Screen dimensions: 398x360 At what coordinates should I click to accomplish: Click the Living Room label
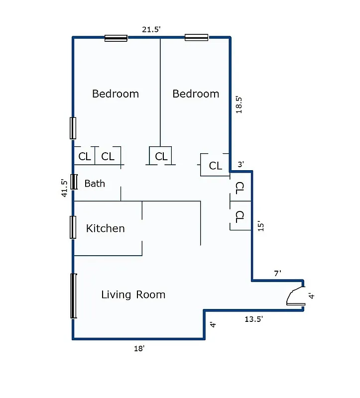pyautogui.click(x=133, y=295)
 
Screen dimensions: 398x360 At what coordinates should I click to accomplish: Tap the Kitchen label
pyautogui.click(x=105, y=228)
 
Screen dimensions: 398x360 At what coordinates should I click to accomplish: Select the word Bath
pyautogui.click(x=95, y=184)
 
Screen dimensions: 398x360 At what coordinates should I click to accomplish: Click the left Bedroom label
pyautogui.click(x=116, y=94)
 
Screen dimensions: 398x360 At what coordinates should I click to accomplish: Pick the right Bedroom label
pyautogui.click(x=196, y=94)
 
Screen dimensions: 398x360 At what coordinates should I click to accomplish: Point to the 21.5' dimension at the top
pyautogui.click(x=151, y=29)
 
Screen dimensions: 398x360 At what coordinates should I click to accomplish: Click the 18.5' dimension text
pyautogui.click(x=240, y=105)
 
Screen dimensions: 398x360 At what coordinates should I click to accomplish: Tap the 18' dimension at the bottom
pyautogui.click(x=138, y=349)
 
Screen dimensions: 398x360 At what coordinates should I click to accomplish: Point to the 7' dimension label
pyautogui.click(x=277, y=273)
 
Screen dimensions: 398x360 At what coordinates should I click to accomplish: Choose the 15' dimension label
pyautogui.click(x=259, y=226)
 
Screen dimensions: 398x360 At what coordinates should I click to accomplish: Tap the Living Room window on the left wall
pyautogui.click(x=74, y=296)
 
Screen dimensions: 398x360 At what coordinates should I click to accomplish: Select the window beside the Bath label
pyautogui.click(x=74, y=182)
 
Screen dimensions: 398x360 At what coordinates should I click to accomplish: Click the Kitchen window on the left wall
pyautogui.click(x=73, y=227)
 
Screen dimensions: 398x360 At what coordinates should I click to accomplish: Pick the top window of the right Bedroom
pyautogui.click(x=196, y=37)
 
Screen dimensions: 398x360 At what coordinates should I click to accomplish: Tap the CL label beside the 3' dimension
pyautogui.click(x=215, y=166)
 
